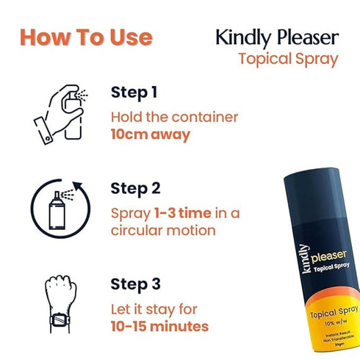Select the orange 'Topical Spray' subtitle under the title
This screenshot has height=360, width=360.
tap(288, 59)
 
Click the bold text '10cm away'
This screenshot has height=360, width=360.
tap(151, 134)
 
